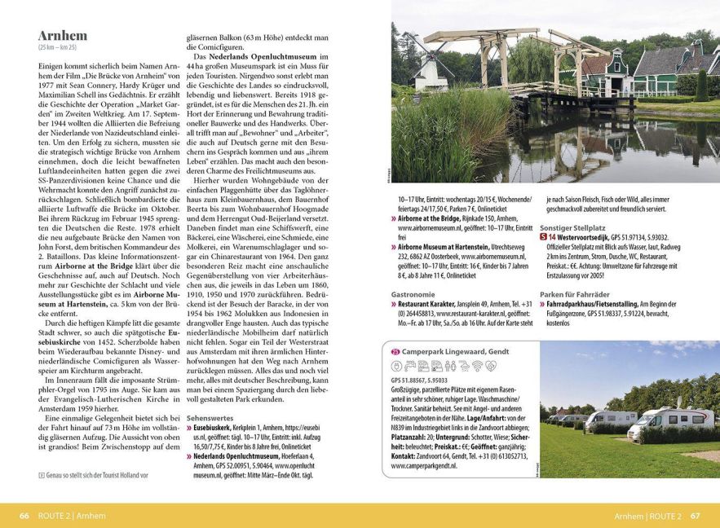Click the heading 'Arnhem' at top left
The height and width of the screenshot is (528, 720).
click(x=63, y=36)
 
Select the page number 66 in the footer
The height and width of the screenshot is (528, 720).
click(x=24, y=516)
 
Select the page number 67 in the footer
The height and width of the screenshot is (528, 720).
click(x=695, y=516)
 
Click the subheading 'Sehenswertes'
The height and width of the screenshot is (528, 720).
click(x=210, y=416)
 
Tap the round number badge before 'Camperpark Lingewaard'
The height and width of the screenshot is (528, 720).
click(x=395, y=353)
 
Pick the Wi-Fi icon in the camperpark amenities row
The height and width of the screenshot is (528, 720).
click(x=477, y=367)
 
